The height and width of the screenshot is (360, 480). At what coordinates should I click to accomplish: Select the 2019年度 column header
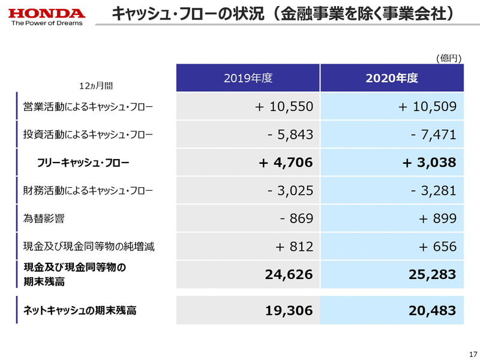(248, 78)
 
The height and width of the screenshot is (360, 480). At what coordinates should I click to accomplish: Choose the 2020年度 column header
(392, 78)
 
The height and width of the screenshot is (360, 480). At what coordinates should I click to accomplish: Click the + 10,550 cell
(284, 107)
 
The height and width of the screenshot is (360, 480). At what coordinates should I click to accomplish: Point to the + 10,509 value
(427, 107)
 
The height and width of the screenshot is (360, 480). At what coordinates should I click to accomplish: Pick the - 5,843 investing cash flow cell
(290, 135)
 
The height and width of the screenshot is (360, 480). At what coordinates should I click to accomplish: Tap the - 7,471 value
(434, 135)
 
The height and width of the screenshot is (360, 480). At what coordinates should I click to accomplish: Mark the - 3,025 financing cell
(290, 191)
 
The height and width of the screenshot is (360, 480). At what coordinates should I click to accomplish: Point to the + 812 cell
(294, 247)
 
